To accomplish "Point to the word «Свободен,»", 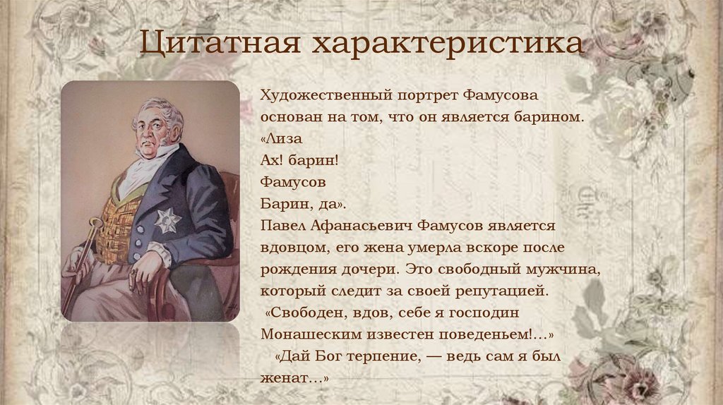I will pos(305,312).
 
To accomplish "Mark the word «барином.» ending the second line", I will pos(550,116).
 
